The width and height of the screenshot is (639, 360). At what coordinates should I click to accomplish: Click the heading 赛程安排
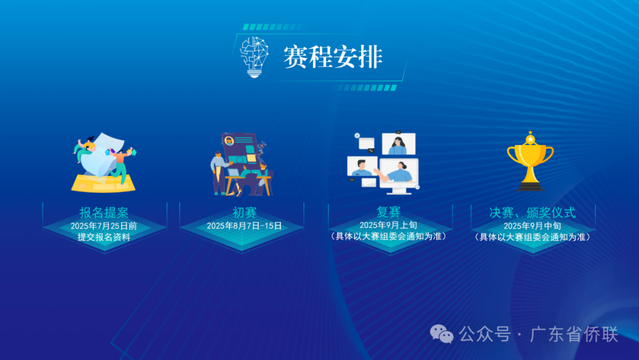[x=333, y=57]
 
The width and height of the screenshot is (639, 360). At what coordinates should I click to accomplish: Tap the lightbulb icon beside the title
[x=254, y=57]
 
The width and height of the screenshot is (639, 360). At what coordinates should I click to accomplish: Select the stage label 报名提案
[x=104, y=213]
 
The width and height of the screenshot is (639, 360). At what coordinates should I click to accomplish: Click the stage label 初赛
[x=244, y=213]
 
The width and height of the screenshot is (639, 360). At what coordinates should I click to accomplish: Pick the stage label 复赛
[x=389, y=212]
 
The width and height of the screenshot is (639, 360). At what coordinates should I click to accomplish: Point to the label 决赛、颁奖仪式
[x=532, y=213]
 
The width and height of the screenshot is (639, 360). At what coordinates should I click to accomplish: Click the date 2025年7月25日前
[x=104, y=226]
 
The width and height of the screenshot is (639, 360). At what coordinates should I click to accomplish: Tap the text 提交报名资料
[x=104, y=237]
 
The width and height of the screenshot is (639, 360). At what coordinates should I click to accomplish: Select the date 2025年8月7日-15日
[x=244, y=226]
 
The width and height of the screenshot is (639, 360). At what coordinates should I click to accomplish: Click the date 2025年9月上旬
[x=389, y=225]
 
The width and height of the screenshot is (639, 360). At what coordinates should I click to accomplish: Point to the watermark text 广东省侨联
[x=573, y=335]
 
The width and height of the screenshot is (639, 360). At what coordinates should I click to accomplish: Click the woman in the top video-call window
[x=398, y=144]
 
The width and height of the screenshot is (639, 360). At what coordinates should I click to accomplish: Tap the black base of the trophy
[x=530, y=187]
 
